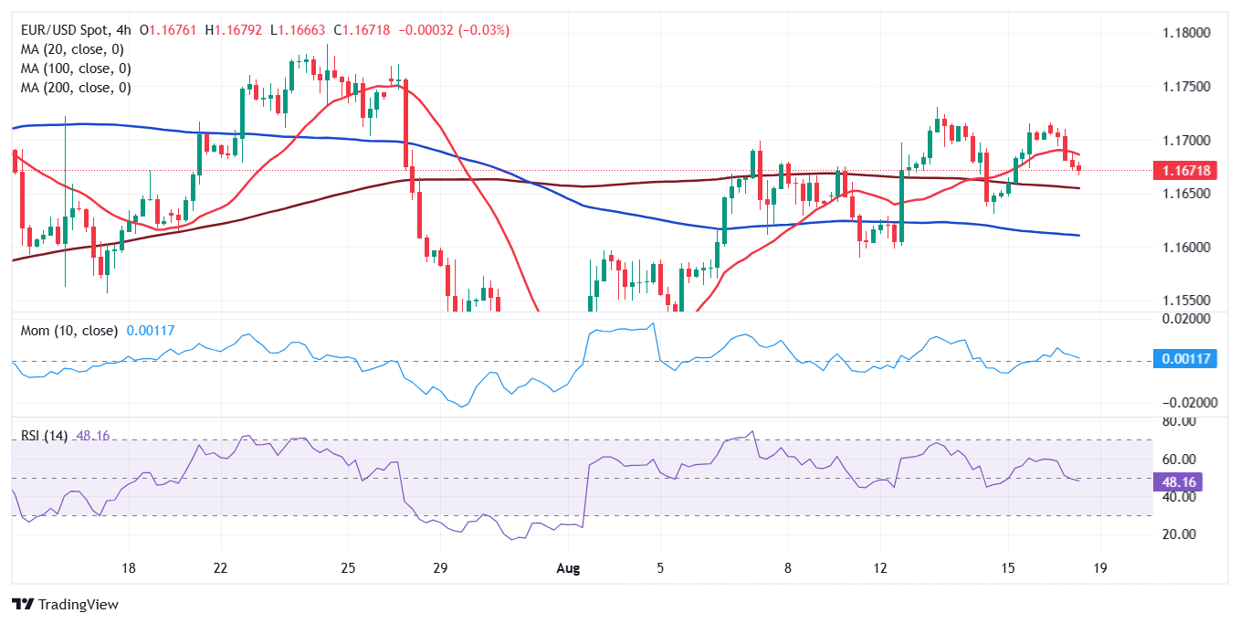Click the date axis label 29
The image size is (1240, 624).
click(440, 567)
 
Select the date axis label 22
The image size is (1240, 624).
click(220, 567)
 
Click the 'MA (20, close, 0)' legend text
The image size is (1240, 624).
click(72, 49)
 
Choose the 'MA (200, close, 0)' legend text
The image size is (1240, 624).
click(76, 88)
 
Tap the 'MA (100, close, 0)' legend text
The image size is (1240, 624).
click(76, 69)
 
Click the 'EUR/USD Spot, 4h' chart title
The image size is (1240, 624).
click(77, 30)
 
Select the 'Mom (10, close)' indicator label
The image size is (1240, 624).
click(69, 330)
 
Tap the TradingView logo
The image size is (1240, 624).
click(65, 604)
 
